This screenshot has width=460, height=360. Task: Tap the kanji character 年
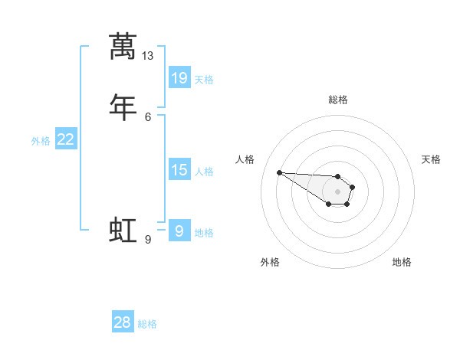point(123,106)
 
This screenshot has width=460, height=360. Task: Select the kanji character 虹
point(123,230)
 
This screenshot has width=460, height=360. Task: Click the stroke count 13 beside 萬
point(148,56)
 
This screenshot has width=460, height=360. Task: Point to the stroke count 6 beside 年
point(148,116)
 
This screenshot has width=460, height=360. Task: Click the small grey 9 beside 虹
point(148,240)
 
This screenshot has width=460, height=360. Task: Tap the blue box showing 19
point(179,77)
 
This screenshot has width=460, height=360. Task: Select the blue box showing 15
point(179,170)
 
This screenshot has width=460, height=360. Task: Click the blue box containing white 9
point(179,231)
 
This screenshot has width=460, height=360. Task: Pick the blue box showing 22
point(66,139)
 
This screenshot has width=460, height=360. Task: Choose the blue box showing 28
point(123,322)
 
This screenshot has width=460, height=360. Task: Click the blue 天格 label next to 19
point(204,79)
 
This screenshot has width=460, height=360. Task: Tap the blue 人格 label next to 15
point(204,172)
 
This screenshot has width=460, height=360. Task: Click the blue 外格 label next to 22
point(41,141)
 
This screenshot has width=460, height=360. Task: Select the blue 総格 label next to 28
point(147,324)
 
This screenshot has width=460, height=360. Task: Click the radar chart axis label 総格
point(338,100)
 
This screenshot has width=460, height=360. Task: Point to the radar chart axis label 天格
point(431,159)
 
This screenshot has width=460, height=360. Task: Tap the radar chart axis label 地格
point(402,262)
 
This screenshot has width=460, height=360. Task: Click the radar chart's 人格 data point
point(279,172)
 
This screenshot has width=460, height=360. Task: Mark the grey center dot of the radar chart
point(338,191)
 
